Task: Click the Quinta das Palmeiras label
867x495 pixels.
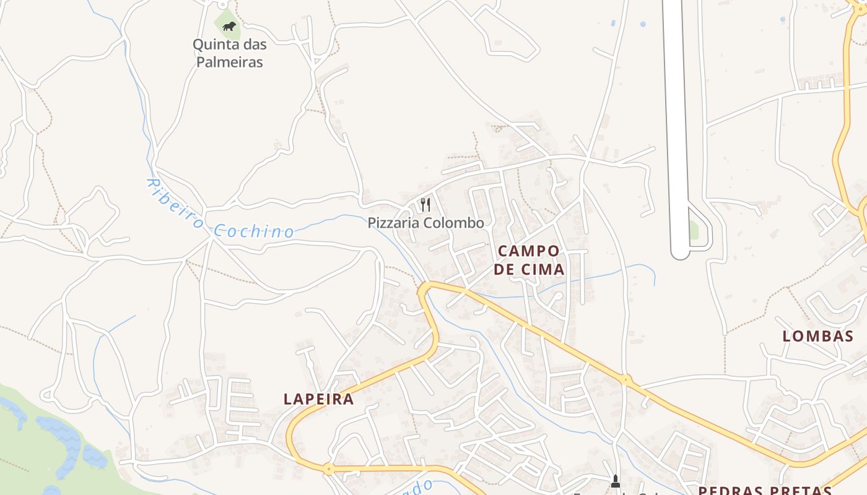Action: tap(229, 53)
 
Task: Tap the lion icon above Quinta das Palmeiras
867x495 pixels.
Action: tap(229, 26)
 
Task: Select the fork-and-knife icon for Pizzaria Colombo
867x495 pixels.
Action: tap(425, 204)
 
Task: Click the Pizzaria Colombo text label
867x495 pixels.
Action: tap(426, 223)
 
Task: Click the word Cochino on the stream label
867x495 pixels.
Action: tap(254, 232)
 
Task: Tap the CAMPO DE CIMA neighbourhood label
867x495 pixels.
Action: tap(529, 260)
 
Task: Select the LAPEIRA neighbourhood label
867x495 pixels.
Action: tap(319, 399)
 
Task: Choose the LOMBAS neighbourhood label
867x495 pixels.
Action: tap(818, 337)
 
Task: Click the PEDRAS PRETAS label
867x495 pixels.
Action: tap(765, 491)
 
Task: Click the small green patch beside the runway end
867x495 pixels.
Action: tap(694, 230)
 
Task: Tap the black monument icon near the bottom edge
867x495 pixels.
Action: tap(616, 481)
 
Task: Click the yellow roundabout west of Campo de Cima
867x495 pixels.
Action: tap(425, 288)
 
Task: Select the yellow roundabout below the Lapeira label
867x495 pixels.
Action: tap(328, 468)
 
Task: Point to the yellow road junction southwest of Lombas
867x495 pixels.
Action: tap(626, 379)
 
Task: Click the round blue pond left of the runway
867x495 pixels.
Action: tap(643, 24)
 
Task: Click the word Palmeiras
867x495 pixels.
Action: tap(230, 62)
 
